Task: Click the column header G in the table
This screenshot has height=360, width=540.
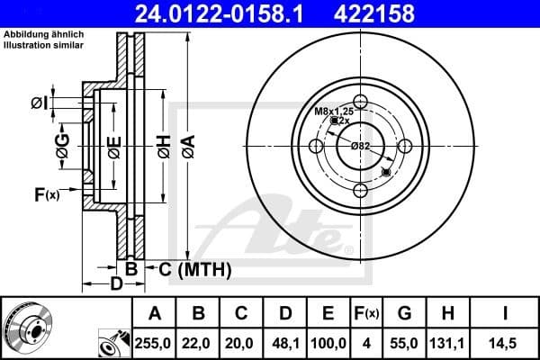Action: tap(404, 313)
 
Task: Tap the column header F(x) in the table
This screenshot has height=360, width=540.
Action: tap(367, 313)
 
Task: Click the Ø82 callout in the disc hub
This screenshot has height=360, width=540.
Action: tap(360, 145)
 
